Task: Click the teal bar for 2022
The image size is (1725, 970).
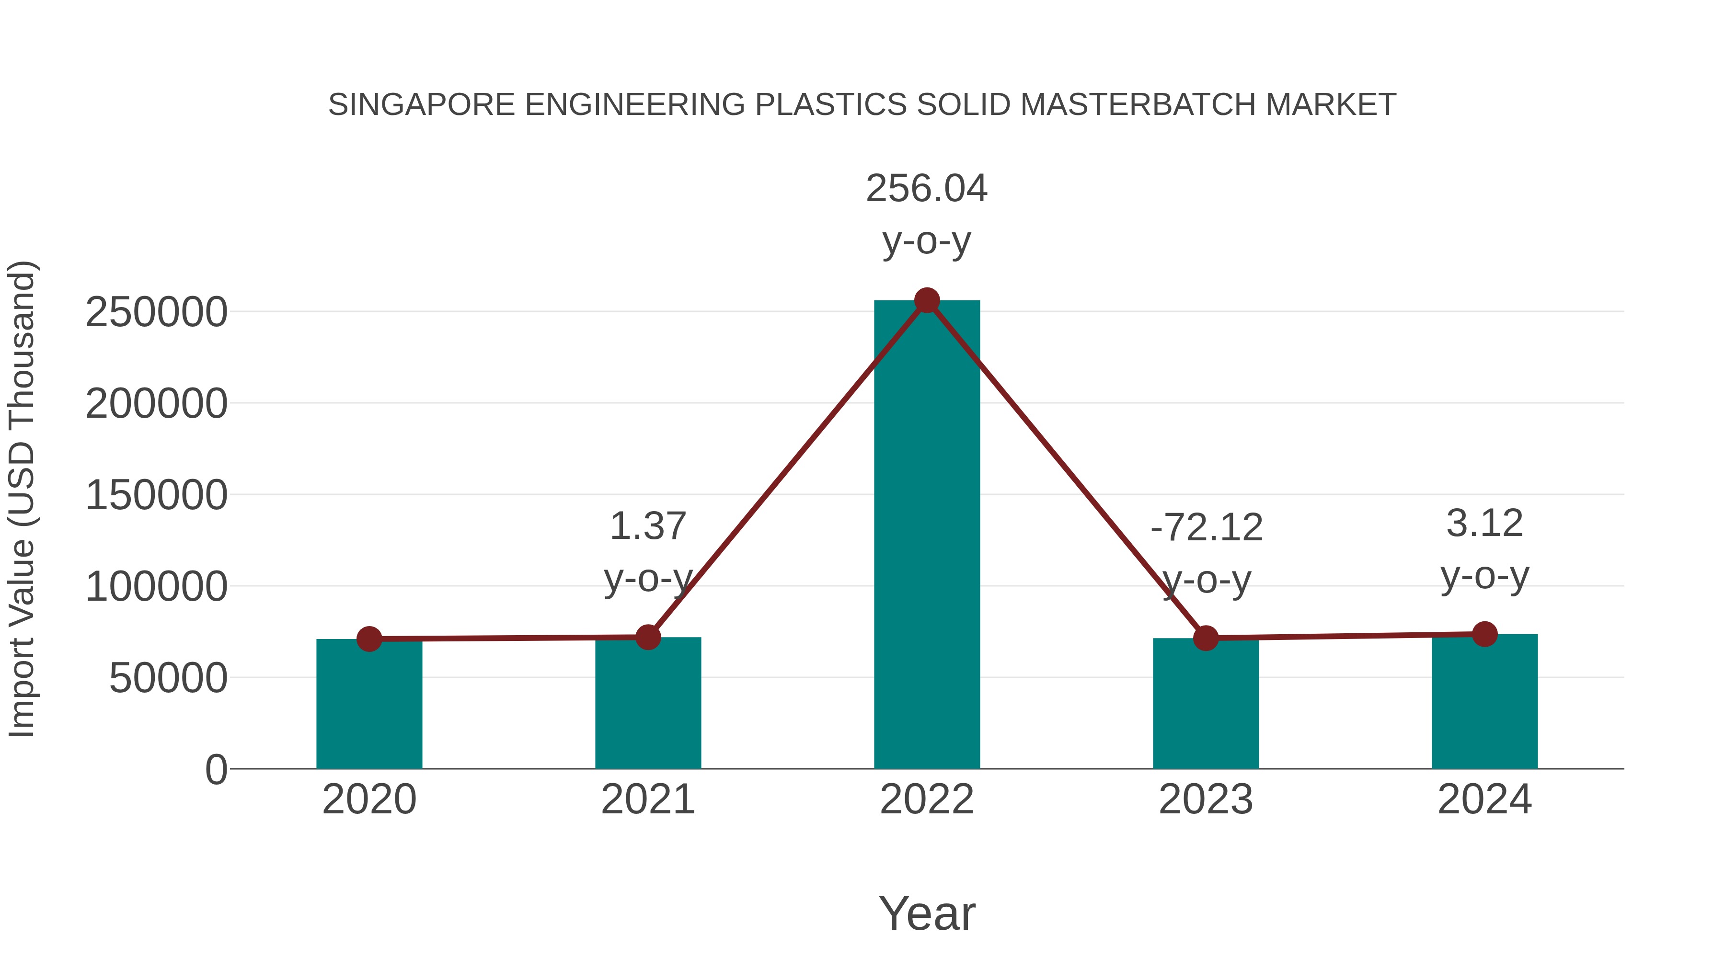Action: (x=927, y=536)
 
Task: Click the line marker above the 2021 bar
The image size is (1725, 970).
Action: (x=647, y=637)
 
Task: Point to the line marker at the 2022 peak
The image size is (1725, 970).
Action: (x=927, y=300)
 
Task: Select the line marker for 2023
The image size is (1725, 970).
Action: (x=1206, y=638)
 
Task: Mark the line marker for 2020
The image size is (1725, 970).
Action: (x=369, y=639)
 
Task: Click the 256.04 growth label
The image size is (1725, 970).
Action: (x=926, y=189)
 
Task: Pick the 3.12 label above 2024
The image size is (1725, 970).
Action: (x=1484, y=524)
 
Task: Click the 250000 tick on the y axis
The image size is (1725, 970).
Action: (x=156, y=313)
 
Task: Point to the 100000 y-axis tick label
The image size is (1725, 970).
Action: (x=156, y=587)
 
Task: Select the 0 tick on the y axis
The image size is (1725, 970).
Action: (x=216, y=770)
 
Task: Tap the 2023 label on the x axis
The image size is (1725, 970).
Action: (x=1206, y=799)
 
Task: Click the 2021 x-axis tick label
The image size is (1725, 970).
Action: (x=647, y=799)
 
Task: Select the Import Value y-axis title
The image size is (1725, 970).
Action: (x=22, y=500)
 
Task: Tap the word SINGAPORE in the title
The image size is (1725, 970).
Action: (x=421, y=105)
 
